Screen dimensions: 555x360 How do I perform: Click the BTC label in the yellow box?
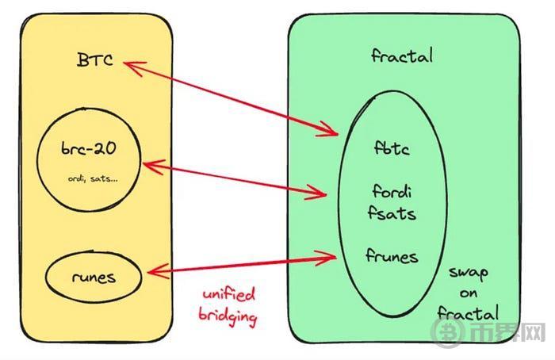(95, 59)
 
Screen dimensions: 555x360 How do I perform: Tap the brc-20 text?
(89, 148)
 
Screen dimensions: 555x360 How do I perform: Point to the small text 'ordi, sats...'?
(93, 178)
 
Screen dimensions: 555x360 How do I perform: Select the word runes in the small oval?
(94, 278)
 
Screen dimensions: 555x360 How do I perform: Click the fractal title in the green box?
(402, 56)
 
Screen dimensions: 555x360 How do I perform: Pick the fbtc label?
(392, 148)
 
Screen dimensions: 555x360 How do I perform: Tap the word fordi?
(392, 192)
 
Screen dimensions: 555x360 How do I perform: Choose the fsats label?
(392, 213)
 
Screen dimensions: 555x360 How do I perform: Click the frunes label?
(392, 255)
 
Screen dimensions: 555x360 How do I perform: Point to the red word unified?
(228, 294)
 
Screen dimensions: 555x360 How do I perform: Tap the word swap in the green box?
(469, 274)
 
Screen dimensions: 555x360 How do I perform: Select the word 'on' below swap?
(469, 293)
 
